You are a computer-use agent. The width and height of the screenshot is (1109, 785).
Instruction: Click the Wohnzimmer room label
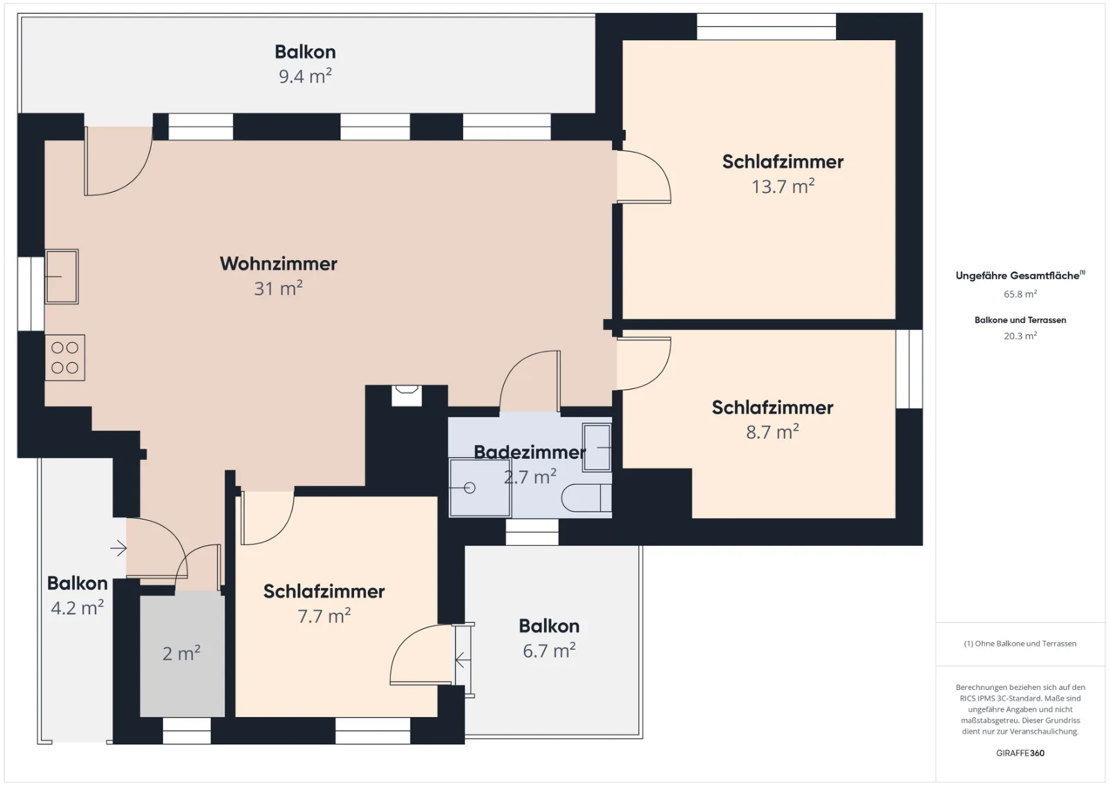coord(278,264)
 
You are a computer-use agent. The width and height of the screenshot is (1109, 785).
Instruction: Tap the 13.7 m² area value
coord(783,187)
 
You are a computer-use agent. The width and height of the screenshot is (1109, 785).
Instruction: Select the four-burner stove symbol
coord(65,358)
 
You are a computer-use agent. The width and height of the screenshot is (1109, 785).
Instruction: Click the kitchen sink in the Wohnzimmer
coord(62,277)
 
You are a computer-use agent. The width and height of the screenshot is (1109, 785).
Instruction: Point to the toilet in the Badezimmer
coord(586,498)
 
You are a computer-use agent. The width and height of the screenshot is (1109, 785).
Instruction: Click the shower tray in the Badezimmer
coord(480,488)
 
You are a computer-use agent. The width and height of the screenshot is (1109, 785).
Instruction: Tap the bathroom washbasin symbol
coord(597,447)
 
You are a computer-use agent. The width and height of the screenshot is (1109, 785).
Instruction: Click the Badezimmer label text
coord(530,452)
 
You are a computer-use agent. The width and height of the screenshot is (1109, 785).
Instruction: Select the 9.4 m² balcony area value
coord(305,76)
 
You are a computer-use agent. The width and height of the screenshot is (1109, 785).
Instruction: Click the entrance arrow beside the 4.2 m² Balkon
coord(119,549)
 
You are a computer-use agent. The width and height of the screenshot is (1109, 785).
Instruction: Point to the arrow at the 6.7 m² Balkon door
coord(462,659)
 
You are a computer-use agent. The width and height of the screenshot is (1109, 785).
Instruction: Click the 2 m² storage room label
coord(181,654)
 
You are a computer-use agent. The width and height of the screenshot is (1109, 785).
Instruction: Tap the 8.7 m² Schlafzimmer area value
coord(772,432)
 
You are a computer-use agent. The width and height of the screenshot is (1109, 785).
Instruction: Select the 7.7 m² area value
coord(324,616)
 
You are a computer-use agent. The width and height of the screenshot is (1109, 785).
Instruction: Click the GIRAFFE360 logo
coord(1020,753)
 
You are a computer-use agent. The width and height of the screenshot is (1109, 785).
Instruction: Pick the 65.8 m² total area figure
coord(1020,294)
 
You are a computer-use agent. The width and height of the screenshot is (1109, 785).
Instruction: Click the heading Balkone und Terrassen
coord(1020,320)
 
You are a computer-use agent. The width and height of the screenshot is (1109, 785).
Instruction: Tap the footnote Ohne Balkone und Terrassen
coord(1020,644)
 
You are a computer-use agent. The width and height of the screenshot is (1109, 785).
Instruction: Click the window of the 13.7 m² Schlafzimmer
coord(767,26)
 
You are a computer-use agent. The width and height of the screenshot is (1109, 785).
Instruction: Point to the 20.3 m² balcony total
coord(1020,336)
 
